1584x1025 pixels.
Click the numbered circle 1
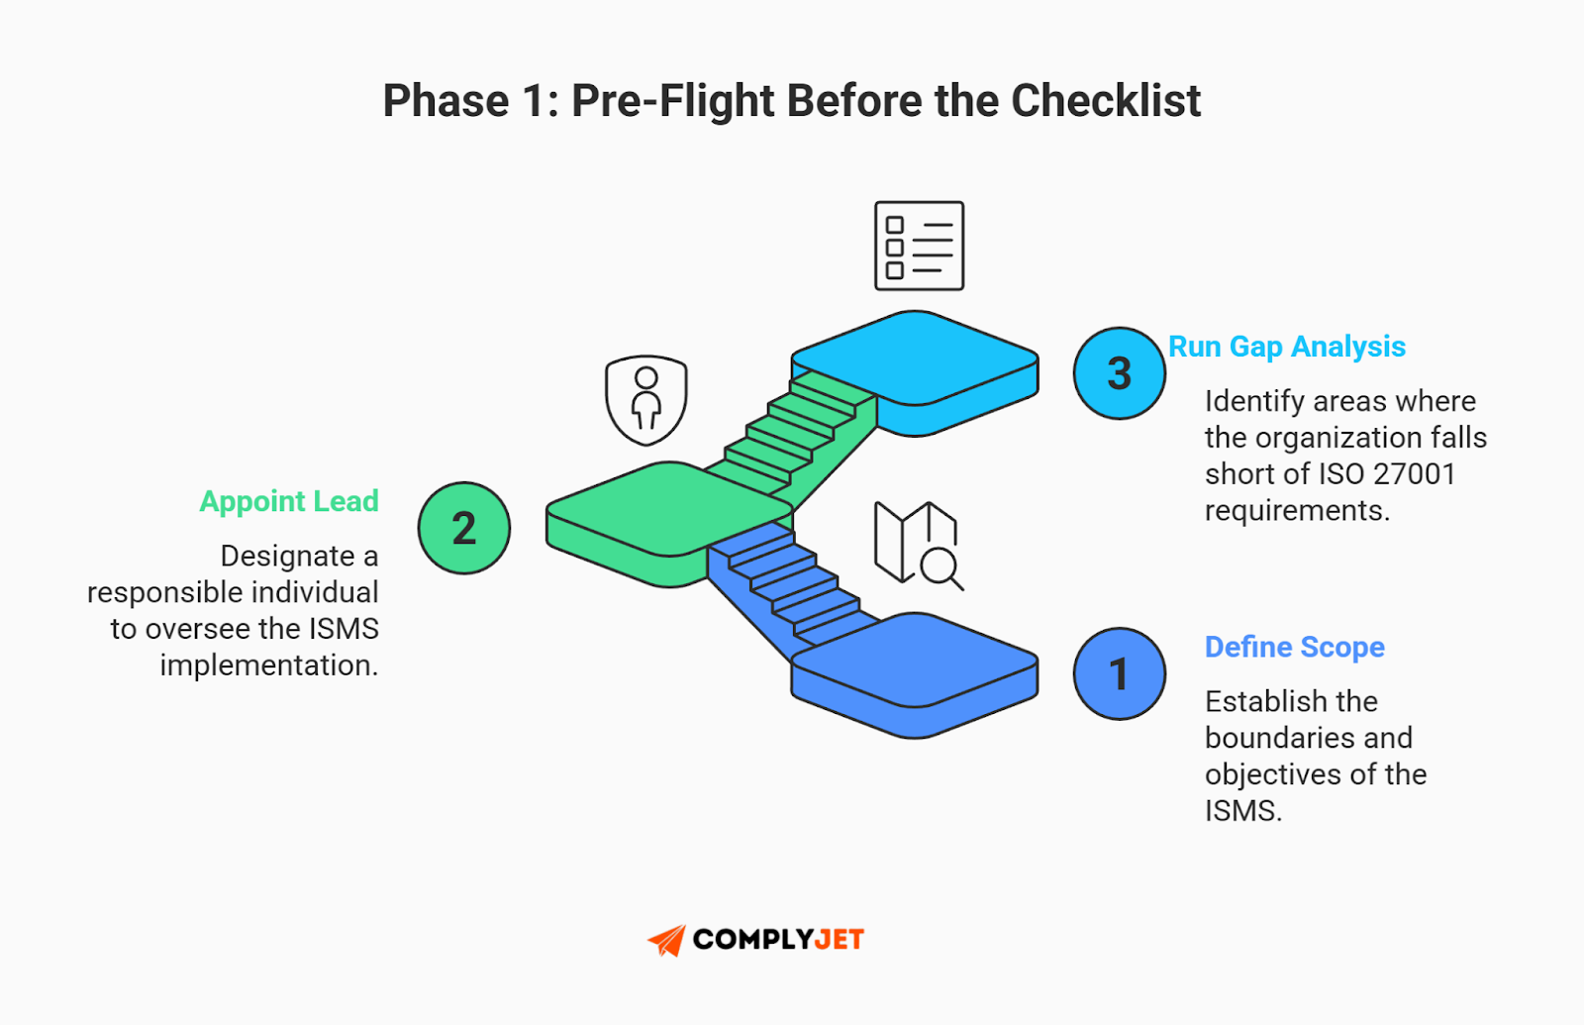(1119, 673)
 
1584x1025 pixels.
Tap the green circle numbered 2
(463, 528)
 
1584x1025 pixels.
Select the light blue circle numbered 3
(1119, 373)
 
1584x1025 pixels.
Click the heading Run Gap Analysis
(1286, 347)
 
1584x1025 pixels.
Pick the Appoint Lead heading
(289, 501)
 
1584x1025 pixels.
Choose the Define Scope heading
(1294, 647)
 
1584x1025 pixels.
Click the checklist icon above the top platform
(919, 246)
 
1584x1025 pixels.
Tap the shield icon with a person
(646, 399)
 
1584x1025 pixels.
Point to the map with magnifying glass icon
(918, 545)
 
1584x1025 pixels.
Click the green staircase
(802, 432)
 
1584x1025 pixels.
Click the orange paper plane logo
(667, 940)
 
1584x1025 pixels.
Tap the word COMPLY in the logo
(751, 940)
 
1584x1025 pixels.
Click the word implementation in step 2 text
(268, 666)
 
